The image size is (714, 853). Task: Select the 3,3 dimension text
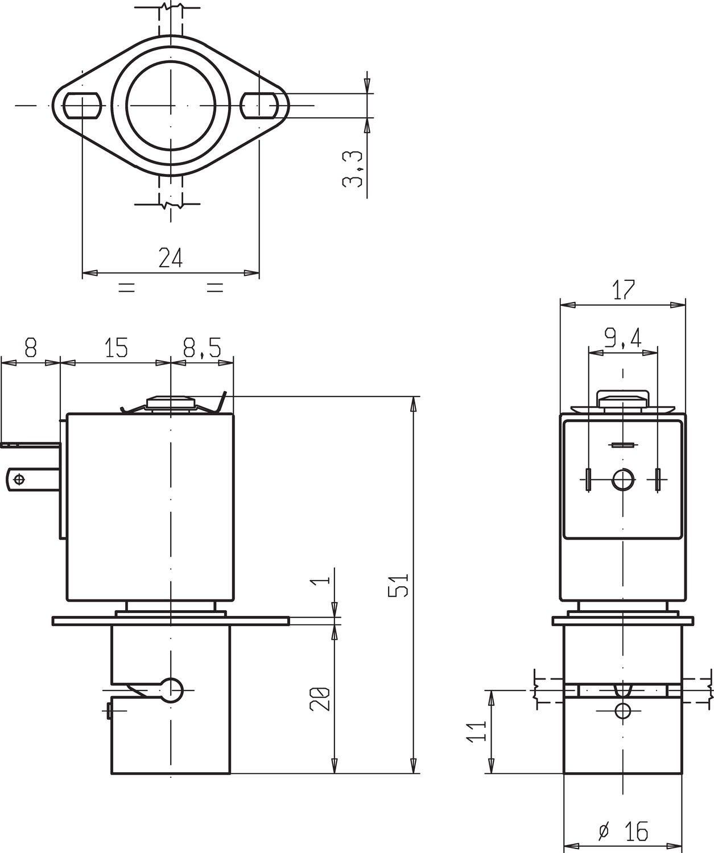[353, 169]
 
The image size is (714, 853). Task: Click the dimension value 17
[624, 290]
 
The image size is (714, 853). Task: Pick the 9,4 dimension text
[623, 339]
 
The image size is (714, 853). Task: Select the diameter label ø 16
[624, 832]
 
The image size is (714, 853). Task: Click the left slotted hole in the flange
[82, 105]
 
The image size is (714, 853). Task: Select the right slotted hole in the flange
[259, 105]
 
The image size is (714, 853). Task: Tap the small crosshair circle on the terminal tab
[19, 479]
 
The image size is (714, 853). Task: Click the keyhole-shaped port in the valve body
[170, 690]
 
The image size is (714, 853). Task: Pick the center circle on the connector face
[624, 479]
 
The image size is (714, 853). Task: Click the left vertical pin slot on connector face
[588, 479]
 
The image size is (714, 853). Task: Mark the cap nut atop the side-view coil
[623, 399]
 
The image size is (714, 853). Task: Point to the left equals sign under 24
[126, 288]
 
